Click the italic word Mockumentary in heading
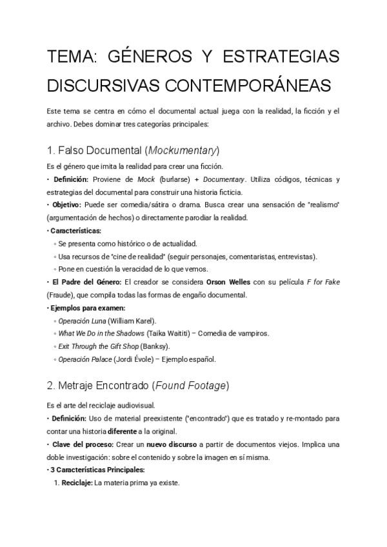183,150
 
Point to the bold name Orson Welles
231,283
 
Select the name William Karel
132,321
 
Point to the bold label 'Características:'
75,230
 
